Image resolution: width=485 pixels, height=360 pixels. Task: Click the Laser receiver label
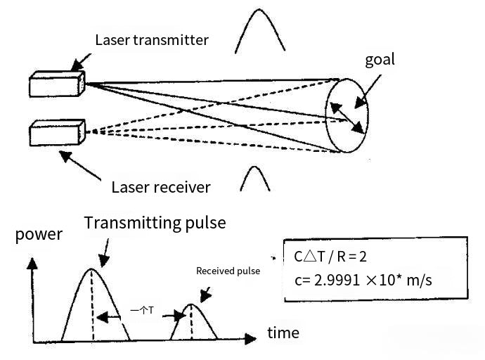pos(161,187)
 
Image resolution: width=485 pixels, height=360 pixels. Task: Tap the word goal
pos(380,59)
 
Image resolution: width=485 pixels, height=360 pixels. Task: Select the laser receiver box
pos(57,132)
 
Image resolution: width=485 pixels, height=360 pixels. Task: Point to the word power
pos(39,234)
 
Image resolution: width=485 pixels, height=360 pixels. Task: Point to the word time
pos(283,333)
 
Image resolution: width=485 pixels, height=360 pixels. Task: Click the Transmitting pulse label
pos(155,223)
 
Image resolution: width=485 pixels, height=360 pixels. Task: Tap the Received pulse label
pos(228,271)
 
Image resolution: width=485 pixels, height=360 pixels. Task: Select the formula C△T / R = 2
pos(328,257)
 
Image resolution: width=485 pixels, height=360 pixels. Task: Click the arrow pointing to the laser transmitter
pos(83,60)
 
